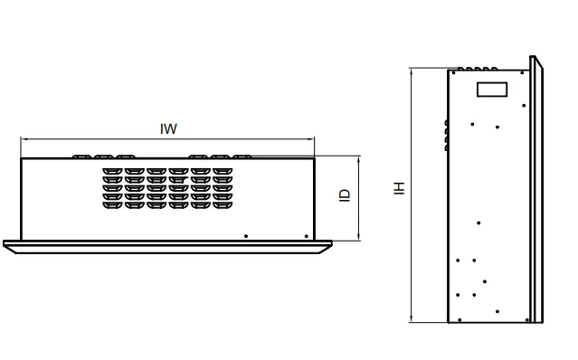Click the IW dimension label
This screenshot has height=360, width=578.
(x=168, y=128)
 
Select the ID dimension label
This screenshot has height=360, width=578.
(x=345, y=194)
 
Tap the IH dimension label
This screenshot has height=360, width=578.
(x=398, y=188)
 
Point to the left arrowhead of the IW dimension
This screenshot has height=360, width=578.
(x=24, y=139)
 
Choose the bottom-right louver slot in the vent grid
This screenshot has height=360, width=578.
(x=223, y=204)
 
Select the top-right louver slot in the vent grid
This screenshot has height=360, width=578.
(x=223, y=170)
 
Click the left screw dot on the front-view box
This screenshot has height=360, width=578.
(x=246, y=236)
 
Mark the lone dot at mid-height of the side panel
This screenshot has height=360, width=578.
(x=479, y=223)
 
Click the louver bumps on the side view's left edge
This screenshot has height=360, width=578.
(x=447, y=133)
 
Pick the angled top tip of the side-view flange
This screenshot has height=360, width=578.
(x=535, y=60)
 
